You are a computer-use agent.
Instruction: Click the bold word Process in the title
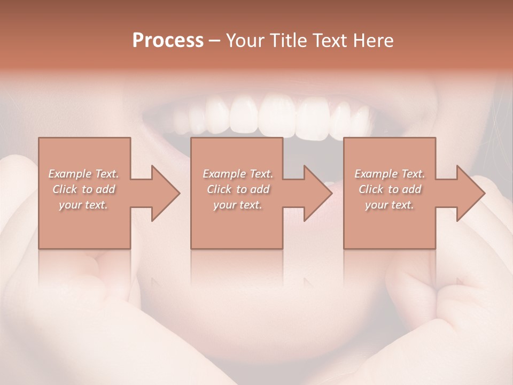pos(168,41)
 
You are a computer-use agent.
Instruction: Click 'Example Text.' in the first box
pos(84,174)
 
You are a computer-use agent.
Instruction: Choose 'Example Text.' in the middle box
pos(238,174)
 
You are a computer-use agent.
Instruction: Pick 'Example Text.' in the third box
pos(390,174)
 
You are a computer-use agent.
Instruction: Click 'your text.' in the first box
pos(83,205)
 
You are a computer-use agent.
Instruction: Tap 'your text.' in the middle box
pos(237,205)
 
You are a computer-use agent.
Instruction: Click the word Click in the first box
pos(65,189)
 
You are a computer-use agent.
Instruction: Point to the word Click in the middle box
pos(219,189)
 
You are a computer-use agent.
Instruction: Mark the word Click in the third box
pos(371,189)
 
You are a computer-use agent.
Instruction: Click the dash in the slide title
pos(215,41)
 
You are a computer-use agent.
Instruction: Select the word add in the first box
pos(106,189)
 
